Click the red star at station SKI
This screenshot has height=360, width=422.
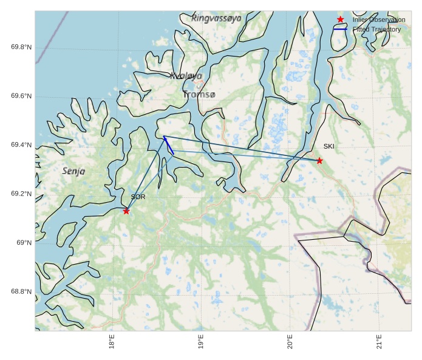[319, 160]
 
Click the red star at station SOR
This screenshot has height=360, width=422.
[126, 211]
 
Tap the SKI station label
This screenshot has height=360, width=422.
[328, 146]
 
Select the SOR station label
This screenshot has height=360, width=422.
[138, 197]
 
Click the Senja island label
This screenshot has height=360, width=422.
[73, 171]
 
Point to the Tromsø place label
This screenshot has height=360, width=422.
[199, 95]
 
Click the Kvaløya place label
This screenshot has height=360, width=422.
[186, 76]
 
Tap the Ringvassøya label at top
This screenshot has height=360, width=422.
[216, 18]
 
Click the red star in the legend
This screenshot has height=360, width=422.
[340, 19]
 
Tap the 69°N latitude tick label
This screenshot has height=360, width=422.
[24, 243]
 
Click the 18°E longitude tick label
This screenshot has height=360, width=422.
[112, 342]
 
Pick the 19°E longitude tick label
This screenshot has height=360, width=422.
[201, 342]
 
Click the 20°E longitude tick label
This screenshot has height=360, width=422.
[290, 342]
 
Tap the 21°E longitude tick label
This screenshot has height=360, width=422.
[379, 342]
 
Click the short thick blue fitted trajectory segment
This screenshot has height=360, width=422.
[169, 145]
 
